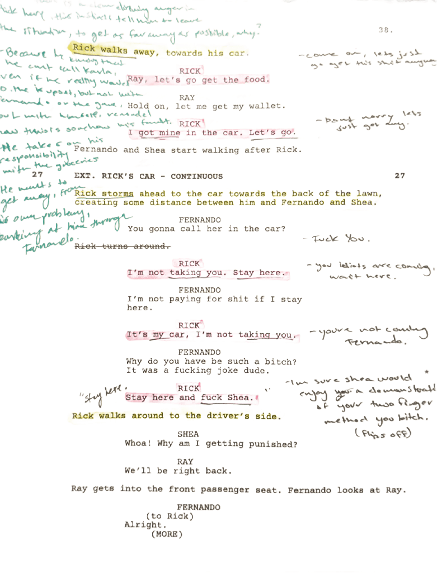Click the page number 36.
[x=386, y=30]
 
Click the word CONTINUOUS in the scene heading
[x=197, y=177]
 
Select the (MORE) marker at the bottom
[x=167, y=534]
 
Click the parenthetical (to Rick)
[x=170, y=517]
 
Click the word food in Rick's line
[x=255, y=80]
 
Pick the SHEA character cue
[x=188, y=434]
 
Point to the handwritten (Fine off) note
[x=384, y=433]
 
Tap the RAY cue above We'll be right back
[x=185, y=462]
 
